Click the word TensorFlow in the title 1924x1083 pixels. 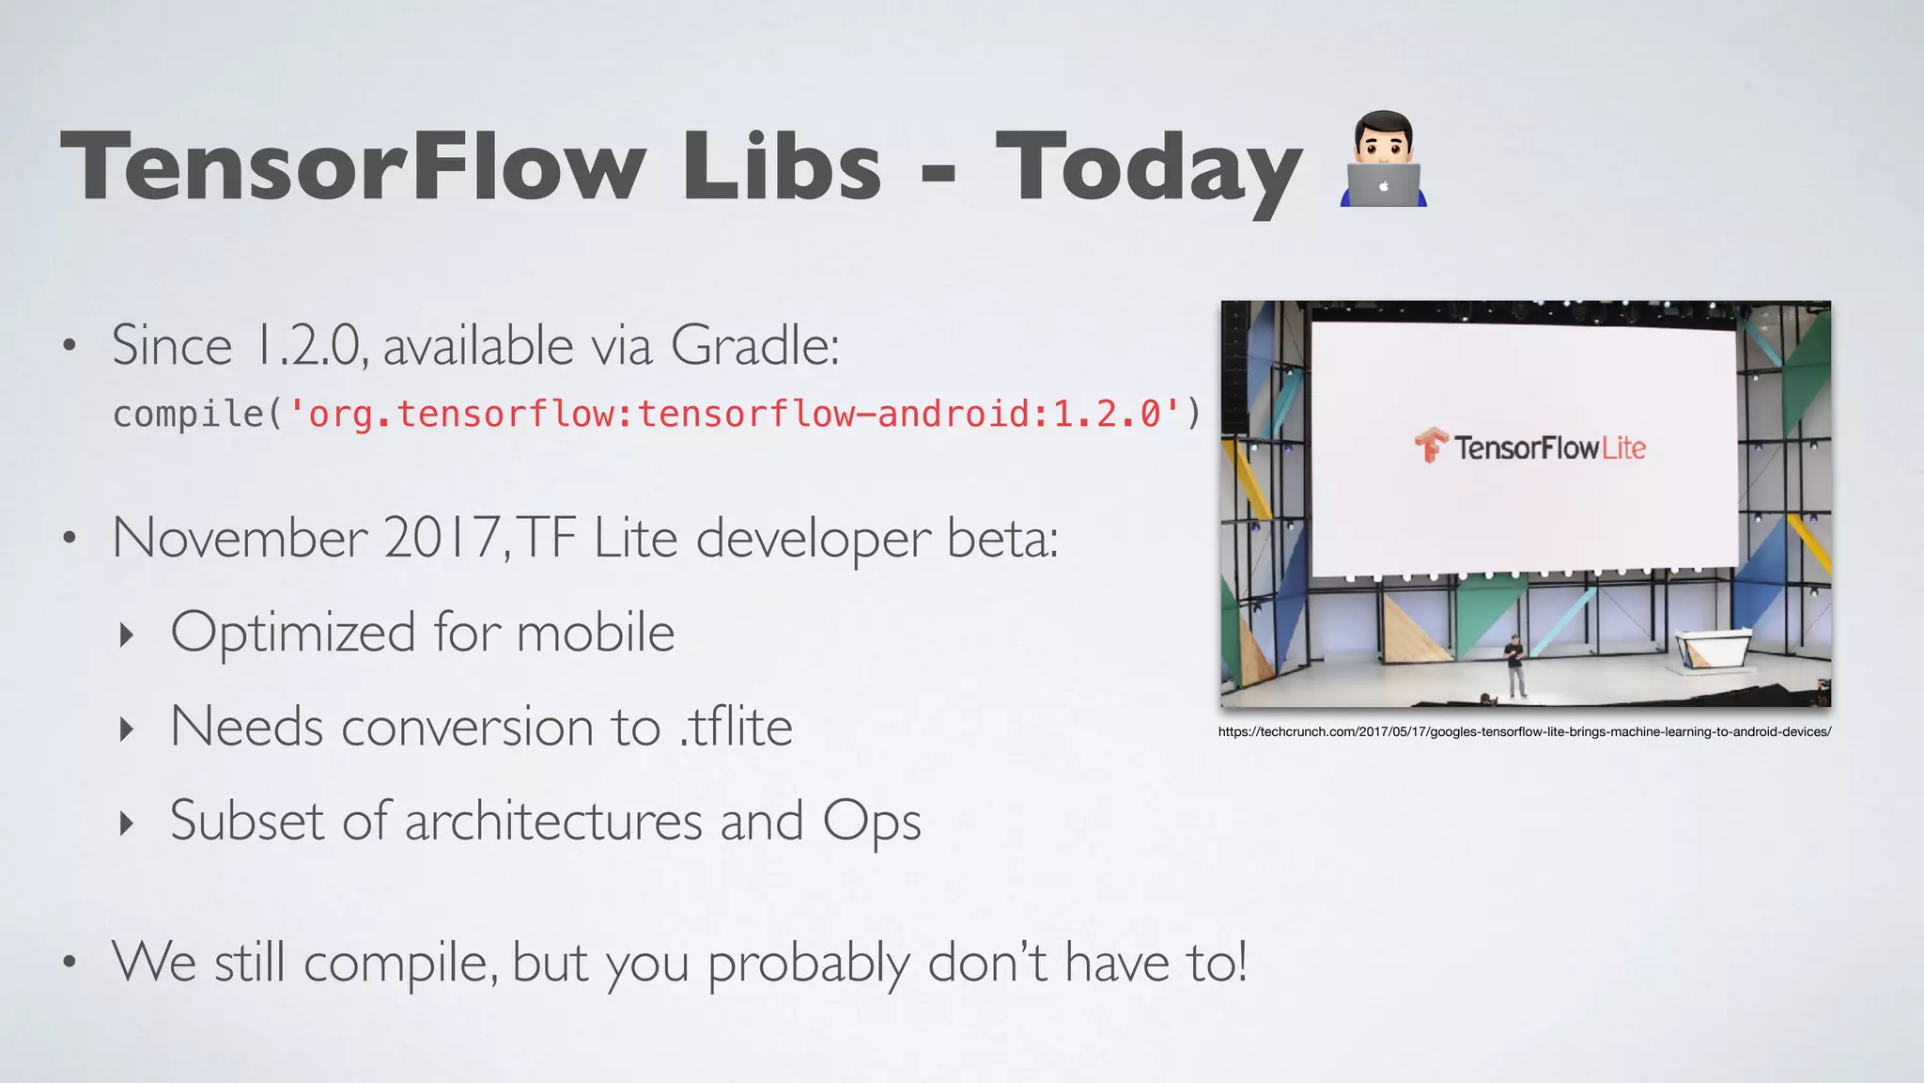point(352,166)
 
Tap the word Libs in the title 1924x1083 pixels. point(782,166)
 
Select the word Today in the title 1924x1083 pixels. point(1148,169)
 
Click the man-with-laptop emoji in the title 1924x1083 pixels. point(1383,160)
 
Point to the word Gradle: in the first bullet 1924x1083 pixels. point(754,345)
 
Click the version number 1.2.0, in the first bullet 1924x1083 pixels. point(311,345)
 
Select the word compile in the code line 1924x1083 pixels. point(188,414)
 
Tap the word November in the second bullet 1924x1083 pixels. point(240,538)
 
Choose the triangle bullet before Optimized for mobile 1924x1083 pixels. point(127,635)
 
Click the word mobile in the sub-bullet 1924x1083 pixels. point(595,632)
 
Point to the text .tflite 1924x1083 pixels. point(737,727)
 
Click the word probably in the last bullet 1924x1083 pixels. point(808,964)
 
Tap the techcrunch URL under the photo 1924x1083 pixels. point(1524,731)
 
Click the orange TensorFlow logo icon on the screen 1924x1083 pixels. point(1431,446)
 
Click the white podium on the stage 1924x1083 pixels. point(1712,649)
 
